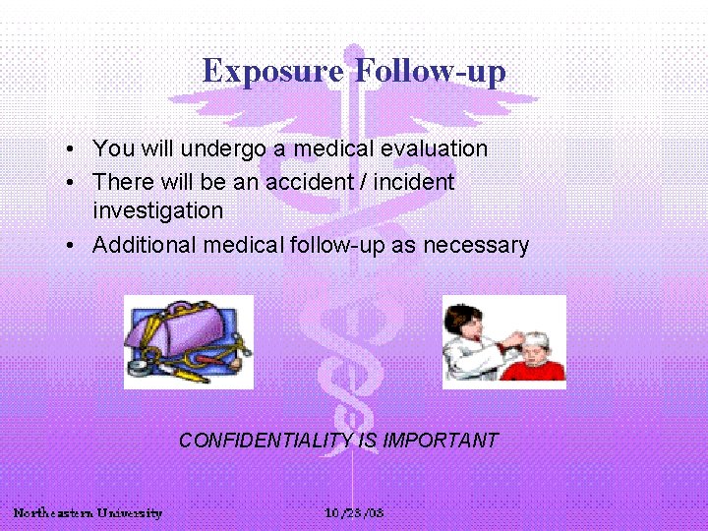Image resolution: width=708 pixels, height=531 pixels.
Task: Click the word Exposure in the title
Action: point(272,71)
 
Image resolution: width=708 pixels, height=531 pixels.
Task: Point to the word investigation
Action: point(157,210)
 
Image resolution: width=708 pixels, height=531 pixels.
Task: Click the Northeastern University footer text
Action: point(88,513)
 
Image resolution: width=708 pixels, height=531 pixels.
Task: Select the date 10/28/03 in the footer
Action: point(354,513)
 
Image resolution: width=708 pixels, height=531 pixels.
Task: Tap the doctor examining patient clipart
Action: point(503,341)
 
